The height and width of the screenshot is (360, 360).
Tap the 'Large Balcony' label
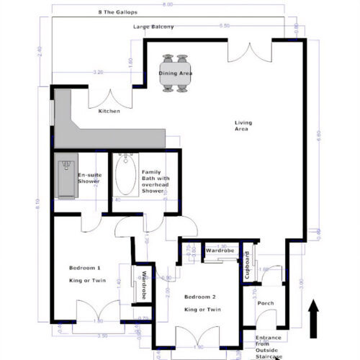pyautogui.click(x=153, y=27)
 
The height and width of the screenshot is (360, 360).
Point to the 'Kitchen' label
pyautogui.click(x=109, y=112)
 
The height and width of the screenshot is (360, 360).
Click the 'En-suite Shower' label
pyautogui.click(x=89, y=178)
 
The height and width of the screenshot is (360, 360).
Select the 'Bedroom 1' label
pyautogui.click(x=84, y=268)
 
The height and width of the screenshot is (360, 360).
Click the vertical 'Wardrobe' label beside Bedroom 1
pyautogui.click(x=144, y=285)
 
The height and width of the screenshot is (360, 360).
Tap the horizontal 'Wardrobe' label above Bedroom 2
pyautogui.click(x=221, y=251)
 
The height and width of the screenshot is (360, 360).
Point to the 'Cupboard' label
pyautogui.click(x=247, y=265)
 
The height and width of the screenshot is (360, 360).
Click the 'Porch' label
pyautogui.click(x=266, y=302)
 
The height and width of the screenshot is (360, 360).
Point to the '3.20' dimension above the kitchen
pyautogui.click(x=98, y=72)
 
